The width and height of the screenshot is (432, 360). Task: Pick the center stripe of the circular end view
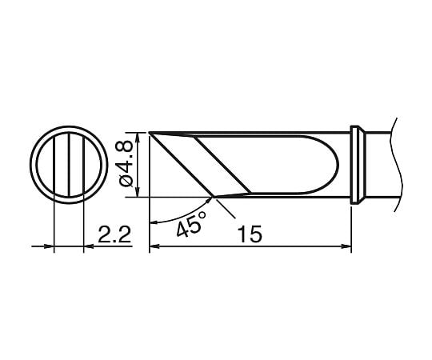click(68, 164)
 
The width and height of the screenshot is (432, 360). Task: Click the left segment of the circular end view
click(44, 164)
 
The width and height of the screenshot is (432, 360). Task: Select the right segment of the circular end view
click(93, 164)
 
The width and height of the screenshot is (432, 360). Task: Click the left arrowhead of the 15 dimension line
click(154, 248)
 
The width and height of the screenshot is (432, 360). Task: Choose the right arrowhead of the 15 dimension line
click(348, 248)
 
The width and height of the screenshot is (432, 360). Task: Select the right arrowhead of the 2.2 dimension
click(87, 248)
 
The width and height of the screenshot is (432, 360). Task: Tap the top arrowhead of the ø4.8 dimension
click(140, 136)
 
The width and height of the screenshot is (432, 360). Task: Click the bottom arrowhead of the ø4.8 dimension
click(140, 192)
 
